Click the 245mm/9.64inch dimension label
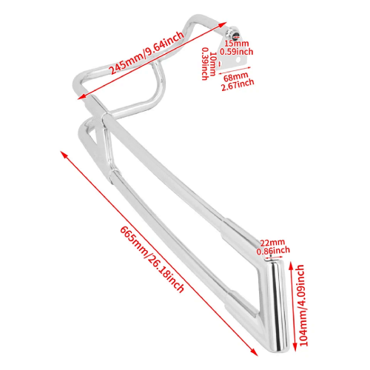(x=147, y=53)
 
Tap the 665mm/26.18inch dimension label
(x=152, y=259)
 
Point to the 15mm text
(x=236, y=44)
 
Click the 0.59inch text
(x=237, y=52)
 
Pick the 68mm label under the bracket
(x=236, y=77)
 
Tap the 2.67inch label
(x=238, y=85)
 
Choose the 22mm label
(x=272, y=243)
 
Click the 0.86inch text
(x=273, y=251)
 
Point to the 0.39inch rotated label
(x=205, y=64)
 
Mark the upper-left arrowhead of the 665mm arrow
(x=64, y=155)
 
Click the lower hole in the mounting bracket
(x=238, y=60)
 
